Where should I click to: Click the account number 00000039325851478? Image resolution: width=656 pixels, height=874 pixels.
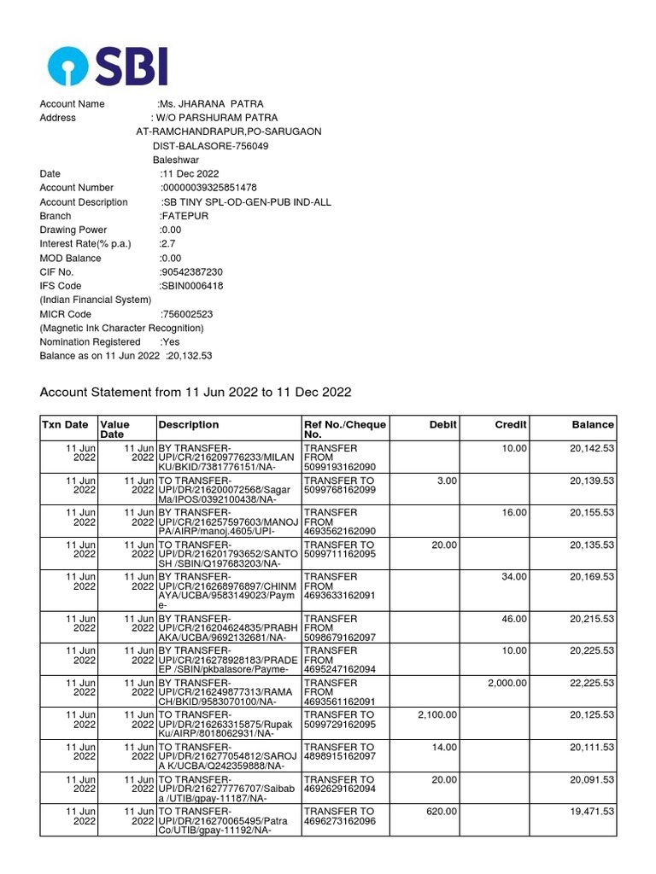(x=209, y=188)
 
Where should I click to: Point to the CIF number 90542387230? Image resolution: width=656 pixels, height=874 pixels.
(x=191, y=272)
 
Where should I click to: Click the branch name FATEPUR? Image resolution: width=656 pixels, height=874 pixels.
(x=184, y=216)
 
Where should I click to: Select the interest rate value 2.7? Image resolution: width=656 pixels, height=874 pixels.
(x=167, y=244)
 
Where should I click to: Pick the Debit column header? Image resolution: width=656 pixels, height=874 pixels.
(x=443, y=424)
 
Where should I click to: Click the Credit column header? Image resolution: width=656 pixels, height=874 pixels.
(x=511, y=424)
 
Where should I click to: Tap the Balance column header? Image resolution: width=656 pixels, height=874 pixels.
(x=593, y=424)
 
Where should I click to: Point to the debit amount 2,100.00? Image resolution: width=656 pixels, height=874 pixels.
(x=437, y=714)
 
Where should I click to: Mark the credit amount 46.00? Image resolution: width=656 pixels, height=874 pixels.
(x=514, y=617)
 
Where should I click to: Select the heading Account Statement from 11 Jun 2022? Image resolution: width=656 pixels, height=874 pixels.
(x=196, y=393)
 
